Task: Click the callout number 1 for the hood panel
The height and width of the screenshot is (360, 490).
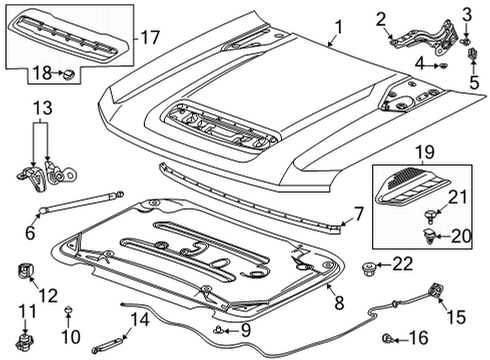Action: point(339,29)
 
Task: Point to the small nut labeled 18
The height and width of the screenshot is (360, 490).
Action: point(67,74)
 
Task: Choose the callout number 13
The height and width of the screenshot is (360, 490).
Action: point(40,108)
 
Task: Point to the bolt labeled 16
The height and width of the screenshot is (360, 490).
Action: point(388,338)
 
